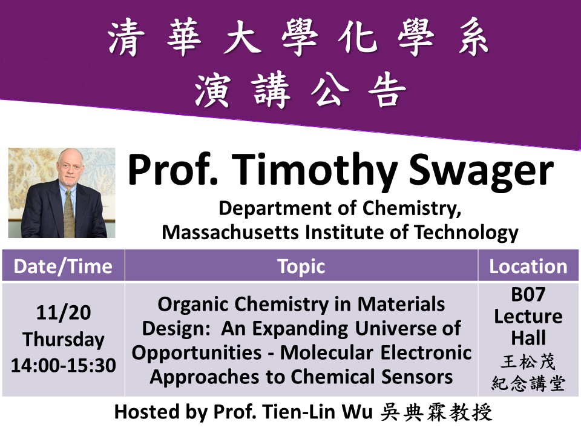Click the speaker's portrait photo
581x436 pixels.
point(61,193)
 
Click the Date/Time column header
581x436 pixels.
point(63,266)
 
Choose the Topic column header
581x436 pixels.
point(301,266)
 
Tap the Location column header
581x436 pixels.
point(528,266)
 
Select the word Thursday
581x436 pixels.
point(64,340)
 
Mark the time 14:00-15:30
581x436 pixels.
point(64,365)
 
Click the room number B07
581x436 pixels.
point(528,295)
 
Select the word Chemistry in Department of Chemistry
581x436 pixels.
point(412,208)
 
